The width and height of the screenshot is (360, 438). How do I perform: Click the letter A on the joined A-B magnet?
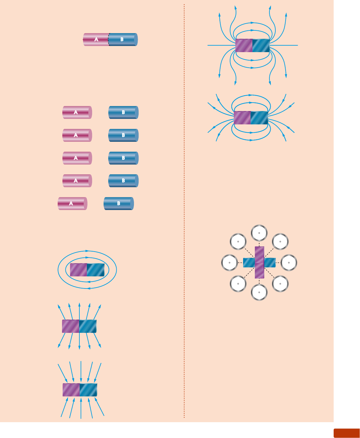96,40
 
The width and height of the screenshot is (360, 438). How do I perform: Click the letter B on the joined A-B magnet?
122,40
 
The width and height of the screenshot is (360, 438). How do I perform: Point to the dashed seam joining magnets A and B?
109,40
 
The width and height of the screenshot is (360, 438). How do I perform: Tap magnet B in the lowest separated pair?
119,203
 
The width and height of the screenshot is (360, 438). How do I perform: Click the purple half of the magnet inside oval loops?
78,270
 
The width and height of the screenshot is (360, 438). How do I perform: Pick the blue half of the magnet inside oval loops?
96,270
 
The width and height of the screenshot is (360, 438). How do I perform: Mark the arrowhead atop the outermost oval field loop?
87,251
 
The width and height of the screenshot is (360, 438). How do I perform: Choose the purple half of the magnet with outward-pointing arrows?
70,326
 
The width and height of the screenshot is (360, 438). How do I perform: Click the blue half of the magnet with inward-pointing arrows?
88,390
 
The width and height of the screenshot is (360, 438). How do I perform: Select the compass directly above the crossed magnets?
259,233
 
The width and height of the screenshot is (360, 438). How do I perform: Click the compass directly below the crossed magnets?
259,292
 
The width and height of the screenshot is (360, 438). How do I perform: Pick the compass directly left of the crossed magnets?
229,262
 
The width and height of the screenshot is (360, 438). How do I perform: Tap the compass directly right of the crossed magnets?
289,262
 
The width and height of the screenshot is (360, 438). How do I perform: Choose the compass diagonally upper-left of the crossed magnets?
238,242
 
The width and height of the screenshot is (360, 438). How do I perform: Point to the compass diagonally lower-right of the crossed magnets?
280,284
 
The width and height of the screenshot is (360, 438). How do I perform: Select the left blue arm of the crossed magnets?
249,263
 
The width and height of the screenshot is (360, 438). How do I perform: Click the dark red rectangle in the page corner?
346,433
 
